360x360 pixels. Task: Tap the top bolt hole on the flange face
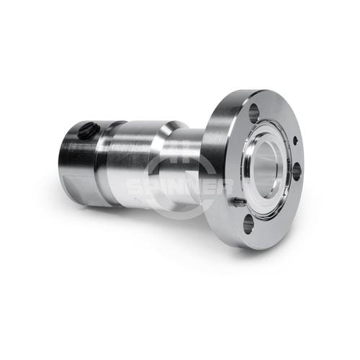coord(254,113)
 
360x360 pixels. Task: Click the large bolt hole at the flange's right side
coord(297,171)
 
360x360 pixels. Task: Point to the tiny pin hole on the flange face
coord(296,140)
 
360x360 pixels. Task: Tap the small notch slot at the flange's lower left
coord(238,203)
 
